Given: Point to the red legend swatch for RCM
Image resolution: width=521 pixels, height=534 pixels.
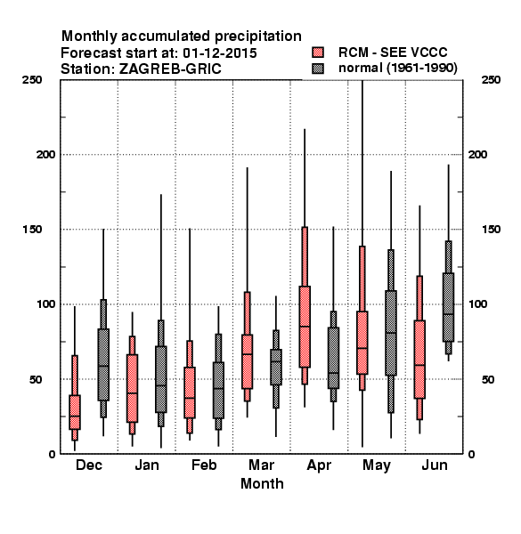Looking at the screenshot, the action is [x=318, y=53].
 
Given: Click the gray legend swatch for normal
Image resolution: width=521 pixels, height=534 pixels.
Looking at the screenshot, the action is [x=318, y=69].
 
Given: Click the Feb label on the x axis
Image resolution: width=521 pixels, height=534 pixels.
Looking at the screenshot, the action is [x=204, y=465].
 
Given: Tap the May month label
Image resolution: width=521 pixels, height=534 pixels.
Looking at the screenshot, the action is [x=377, y=465].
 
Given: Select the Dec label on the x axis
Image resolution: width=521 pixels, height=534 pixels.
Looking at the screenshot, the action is [x=89, y=465].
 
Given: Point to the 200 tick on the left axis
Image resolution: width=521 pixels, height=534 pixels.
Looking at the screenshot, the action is [x=45, y=155].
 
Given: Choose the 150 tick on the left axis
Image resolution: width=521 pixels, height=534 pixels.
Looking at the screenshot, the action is [x=32, y=230].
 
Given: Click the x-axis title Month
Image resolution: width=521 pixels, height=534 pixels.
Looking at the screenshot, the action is [x=262, y=483].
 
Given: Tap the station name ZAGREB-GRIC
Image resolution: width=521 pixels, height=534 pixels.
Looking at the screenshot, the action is [x=170, y=69].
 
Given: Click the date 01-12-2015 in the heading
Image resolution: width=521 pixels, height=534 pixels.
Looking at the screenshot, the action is [x=220, y=53].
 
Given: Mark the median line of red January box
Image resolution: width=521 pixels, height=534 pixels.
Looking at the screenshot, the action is [x=132, y=393].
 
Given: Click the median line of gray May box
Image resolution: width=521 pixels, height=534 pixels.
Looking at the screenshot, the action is [x=391, y=333].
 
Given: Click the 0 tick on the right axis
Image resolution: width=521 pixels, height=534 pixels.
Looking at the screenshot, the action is [x=472, y=454].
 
